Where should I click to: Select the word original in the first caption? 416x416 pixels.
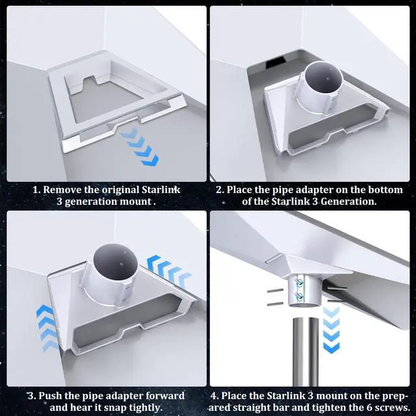114,190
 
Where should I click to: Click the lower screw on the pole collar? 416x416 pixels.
298,296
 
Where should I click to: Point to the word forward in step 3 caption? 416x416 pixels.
163,396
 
